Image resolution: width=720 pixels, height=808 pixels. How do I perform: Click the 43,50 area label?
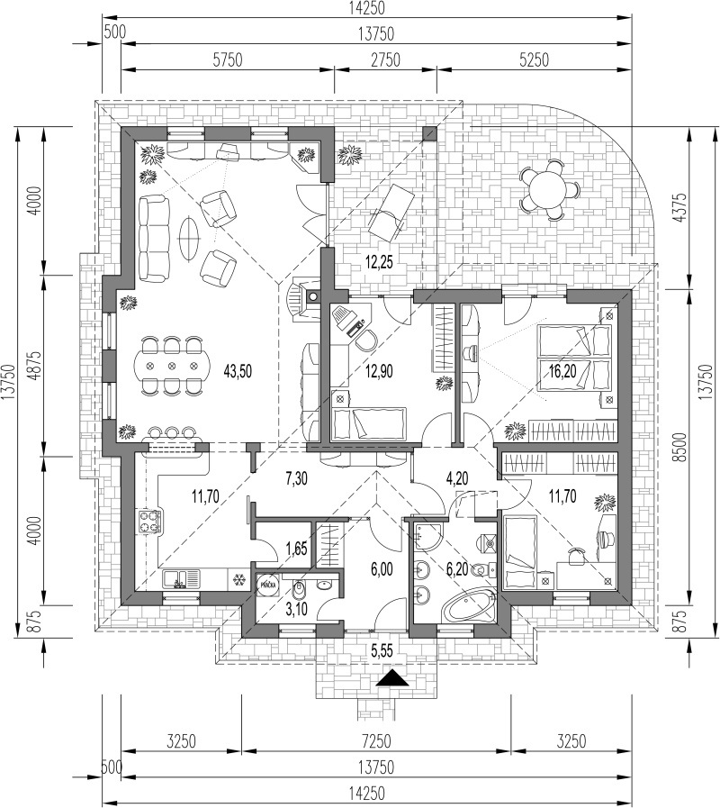[238, 371]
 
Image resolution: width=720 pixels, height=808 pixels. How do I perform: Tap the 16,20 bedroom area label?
[562, 370]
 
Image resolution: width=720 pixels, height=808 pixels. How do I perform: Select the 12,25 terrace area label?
[379, 262]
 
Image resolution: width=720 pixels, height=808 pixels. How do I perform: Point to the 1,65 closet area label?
[296, 549]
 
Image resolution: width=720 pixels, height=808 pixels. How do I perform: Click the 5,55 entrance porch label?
[382, 651]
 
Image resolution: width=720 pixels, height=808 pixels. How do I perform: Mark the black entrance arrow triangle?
[392, 678]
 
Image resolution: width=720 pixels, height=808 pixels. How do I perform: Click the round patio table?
[549, 188]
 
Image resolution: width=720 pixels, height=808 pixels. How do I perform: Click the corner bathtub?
[470, 606]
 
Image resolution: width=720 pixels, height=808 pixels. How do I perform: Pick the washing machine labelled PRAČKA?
[267, 585]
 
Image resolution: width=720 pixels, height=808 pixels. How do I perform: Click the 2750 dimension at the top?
[385, 59]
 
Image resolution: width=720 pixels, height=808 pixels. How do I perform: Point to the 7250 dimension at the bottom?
[376, 741]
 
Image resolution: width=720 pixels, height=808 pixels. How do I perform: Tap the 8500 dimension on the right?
[681, 447]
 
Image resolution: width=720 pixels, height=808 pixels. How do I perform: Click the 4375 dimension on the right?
[681, 207]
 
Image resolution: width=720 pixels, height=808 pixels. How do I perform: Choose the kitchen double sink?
[181, 578]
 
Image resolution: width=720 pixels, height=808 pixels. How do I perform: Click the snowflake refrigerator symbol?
[238, 579]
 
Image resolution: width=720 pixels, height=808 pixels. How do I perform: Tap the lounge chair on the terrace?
[391, 212]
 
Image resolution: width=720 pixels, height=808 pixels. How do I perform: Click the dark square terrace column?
[429, 133]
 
